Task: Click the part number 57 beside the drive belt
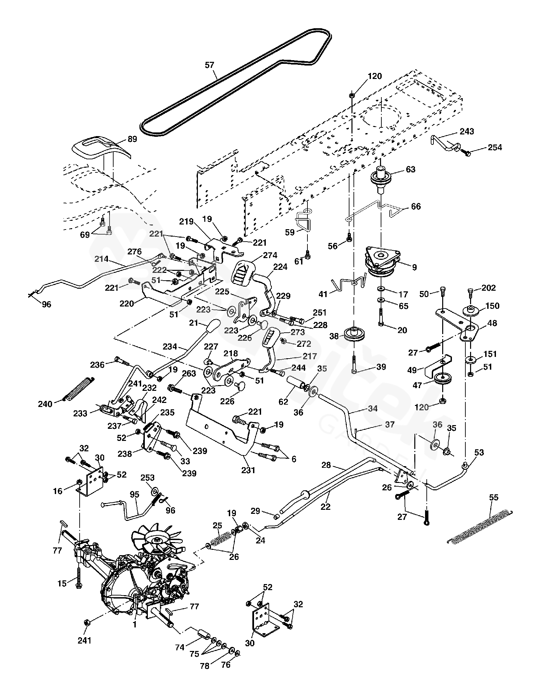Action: (x=209, y=65)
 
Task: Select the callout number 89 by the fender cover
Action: (x=132, y=139)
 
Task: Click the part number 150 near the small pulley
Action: (x=492, y=306)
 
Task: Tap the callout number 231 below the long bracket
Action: (x=248, y=470)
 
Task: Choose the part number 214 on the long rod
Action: (x=101, y=259)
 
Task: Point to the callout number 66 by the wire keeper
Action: (x=416, y=206)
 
